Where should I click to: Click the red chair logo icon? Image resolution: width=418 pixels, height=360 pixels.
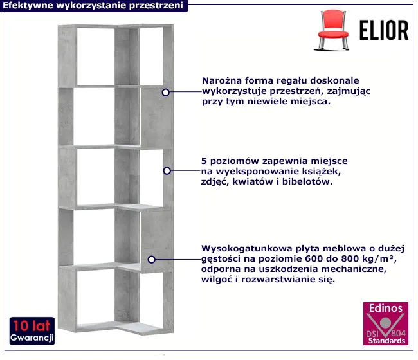(332, 30)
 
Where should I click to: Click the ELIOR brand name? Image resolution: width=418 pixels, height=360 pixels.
(384, 30)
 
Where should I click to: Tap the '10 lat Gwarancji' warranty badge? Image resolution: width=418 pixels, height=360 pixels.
(32, 331)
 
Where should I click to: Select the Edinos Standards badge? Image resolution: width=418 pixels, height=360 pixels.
(386, 323)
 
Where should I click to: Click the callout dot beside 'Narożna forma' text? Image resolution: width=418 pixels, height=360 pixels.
(166, 92)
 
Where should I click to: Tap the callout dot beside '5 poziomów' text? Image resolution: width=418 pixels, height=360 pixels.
(167, 171)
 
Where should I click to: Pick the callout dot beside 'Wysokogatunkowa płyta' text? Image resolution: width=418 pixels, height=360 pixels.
(151, 259)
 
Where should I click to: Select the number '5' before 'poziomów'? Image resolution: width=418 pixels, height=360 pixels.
(204, 161)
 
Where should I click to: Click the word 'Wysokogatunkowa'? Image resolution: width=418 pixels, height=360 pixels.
(246, 249)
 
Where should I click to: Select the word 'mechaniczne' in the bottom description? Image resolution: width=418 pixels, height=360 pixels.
(354, 269)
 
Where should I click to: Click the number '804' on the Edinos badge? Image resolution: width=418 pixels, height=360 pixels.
(398, 333)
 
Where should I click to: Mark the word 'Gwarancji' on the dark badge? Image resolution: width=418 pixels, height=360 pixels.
(32, 337)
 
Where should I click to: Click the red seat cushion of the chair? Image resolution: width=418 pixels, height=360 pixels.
(333, 34)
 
